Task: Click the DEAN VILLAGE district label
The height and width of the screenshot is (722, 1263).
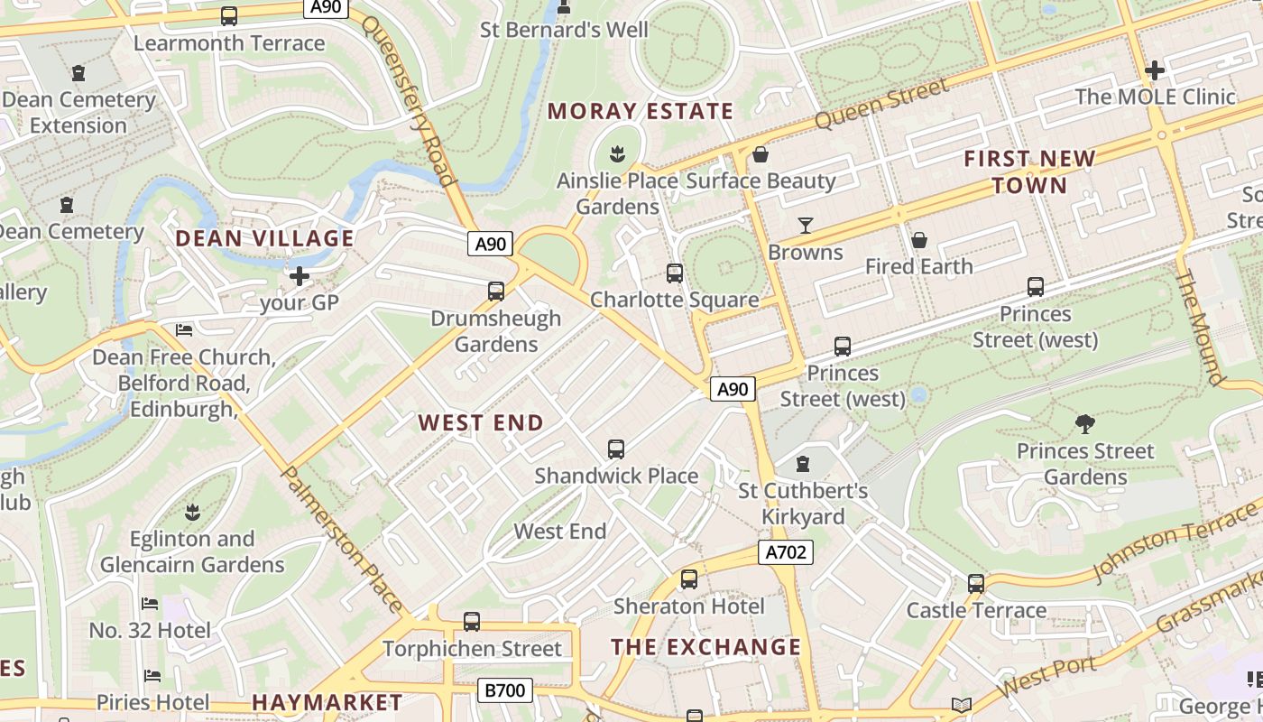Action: [x=264, y=238]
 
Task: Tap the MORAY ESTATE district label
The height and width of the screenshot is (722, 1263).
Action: [x=641, y=112]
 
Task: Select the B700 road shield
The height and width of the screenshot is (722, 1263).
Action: [x=504, y=691]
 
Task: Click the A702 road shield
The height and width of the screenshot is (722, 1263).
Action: [x=785, y=552]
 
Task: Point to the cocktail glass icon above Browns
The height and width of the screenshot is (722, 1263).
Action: [x=806, y=226]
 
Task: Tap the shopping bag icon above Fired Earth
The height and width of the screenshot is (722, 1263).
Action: [x=918, y=240]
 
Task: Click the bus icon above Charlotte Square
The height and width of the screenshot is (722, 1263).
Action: [x=674, y=273]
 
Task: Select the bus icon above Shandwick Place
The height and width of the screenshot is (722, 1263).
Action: [x=616, y=449]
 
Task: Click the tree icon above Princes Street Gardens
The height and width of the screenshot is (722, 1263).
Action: [x=1085, y=423]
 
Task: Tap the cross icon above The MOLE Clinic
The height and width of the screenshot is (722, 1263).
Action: [x=1154, y=69]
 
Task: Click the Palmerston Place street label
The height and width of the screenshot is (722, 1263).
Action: [x=342, y=539]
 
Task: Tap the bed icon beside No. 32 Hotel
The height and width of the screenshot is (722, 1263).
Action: [x=151, y=603]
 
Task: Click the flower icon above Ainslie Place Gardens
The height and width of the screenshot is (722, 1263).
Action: [x=618, y=153]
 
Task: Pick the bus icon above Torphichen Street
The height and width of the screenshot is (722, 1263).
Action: [x=471, y=621]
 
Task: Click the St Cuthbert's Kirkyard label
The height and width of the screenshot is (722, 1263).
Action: [x=803, y=504]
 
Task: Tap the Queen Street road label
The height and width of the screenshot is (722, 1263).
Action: [x=881, y=103]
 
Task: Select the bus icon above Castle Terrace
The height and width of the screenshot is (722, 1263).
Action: [x=976, y=583]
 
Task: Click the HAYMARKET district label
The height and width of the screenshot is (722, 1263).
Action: [x=327, y=702]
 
